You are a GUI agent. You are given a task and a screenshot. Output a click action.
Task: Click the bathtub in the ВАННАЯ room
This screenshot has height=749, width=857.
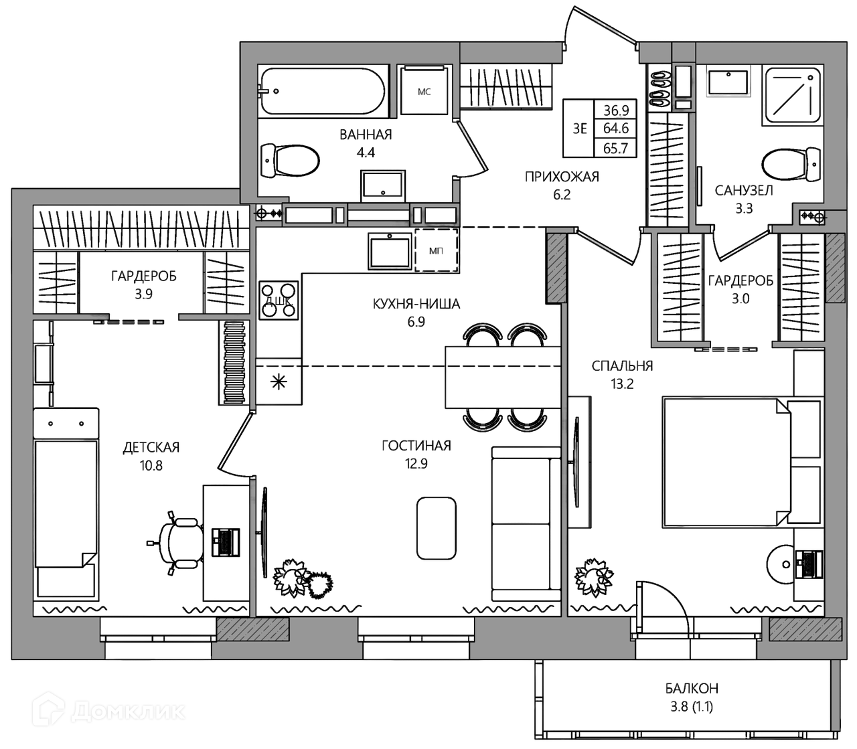(x=321, y=91)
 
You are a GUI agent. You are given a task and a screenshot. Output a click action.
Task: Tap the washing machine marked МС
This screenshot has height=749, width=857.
(x=424, y=90)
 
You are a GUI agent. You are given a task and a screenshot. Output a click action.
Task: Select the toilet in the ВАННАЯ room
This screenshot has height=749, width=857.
(x=289, y=161)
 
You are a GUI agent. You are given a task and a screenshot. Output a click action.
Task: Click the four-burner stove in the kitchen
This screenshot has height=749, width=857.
(x=279, y=300)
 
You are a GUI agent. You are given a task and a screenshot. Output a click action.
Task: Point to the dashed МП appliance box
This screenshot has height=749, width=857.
(x=437, y=250)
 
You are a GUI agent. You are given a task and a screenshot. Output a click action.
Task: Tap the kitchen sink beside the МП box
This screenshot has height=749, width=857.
(x=390, y=251)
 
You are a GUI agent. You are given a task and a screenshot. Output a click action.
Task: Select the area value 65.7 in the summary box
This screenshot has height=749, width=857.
(x=616, y=148)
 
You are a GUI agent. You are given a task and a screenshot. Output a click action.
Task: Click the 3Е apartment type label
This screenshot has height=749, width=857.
(x=580, y=129)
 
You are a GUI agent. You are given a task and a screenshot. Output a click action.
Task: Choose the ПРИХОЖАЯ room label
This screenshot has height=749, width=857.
(x=562, y=177)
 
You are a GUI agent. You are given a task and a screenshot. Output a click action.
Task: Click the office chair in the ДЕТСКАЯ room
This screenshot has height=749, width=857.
(x=177, y=543)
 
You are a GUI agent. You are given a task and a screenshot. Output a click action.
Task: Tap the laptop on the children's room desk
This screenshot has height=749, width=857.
(x=226, y=542)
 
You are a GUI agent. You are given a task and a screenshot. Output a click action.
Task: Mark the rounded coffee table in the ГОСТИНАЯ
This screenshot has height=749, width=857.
(x=436, y=528)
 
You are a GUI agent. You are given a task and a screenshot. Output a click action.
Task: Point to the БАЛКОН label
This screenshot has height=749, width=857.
(x=692, y=688)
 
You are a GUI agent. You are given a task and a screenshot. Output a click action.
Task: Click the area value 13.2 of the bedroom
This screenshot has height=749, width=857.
(x=622, y=384)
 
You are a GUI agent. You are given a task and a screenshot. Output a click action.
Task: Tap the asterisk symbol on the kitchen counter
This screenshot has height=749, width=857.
(x=279, y=382)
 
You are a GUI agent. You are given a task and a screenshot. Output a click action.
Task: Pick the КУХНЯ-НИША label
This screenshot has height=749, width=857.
(x=416, y=303)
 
